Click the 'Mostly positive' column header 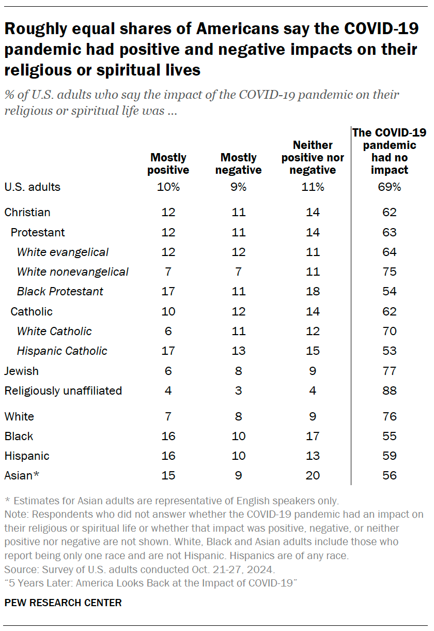[x=168, y=163]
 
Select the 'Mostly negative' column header [x=238, y=163]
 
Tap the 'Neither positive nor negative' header [x=312, y=157]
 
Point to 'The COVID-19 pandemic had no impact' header [x=389, y=151]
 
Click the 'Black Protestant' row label [x=60, y=291]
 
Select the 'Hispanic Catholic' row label [x=62, y=351]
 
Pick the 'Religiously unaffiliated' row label [x=63, y=390]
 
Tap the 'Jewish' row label [x=21, y=371]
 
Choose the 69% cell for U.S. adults [x=390, y=187]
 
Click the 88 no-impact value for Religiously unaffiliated [x=390, y=390]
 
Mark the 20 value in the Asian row [x=313, y=475]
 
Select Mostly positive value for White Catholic [x=168, y=331]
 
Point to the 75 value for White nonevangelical [x=390, y=272]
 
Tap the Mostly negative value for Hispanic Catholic [x=238, y=351]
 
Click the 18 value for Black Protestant [x=313, y=291]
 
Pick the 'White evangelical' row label [x=63, y=252]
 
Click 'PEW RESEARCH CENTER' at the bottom [x=63, y=603]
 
